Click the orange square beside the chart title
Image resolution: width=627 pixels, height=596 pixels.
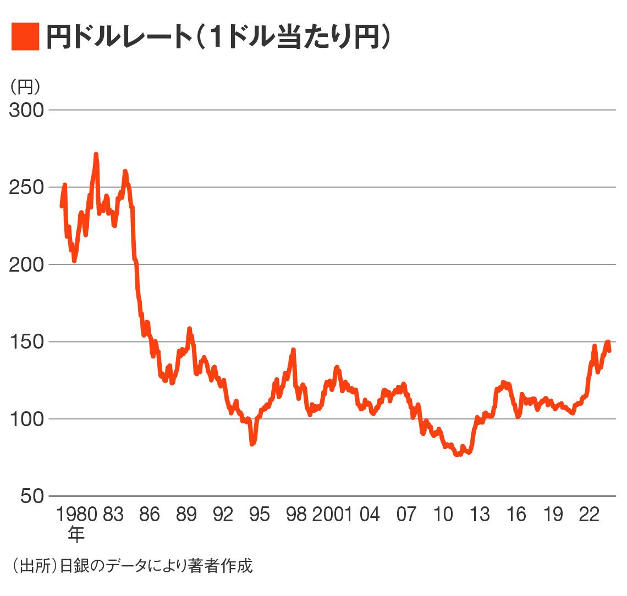25,37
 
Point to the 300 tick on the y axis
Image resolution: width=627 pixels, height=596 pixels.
26,111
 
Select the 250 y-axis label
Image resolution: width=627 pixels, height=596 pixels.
26,187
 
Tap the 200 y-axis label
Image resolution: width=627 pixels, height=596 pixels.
26,264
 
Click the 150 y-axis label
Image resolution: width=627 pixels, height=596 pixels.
26,342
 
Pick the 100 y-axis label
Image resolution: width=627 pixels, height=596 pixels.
26,419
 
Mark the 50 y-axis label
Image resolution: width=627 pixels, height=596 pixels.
31,496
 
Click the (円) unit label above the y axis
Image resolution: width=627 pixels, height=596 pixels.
25,87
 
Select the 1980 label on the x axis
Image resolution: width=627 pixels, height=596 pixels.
76,515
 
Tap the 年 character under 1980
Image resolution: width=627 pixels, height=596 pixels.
76,533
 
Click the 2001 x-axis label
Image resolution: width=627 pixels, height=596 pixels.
332,515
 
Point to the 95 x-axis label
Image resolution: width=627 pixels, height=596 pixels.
260,515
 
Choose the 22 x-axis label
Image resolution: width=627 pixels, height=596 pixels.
589,515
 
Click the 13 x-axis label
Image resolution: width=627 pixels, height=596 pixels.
480,515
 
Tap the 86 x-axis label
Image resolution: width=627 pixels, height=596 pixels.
149,515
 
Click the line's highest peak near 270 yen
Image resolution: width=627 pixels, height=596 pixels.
96,155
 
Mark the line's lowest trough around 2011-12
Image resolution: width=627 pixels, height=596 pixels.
457,455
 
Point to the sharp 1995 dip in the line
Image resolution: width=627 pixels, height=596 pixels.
252,443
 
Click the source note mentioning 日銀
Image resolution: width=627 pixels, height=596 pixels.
132,566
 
